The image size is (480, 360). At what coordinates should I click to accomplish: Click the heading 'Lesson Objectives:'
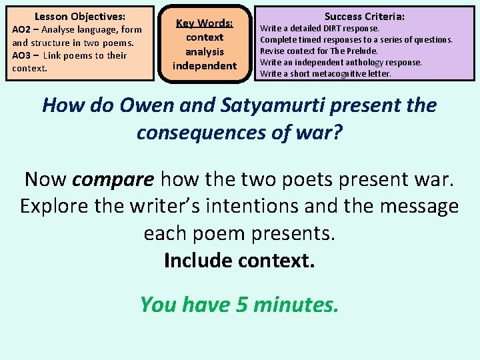[80, 16]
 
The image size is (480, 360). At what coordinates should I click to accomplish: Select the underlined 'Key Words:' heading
[204, 23]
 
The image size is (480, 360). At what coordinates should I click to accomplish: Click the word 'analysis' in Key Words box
[204, 51]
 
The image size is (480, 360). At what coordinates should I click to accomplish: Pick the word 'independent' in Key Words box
[204, 65]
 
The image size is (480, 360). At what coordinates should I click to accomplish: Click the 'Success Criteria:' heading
[365, 16]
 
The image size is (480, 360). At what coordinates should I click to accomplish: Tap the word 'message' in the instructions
[416, 207]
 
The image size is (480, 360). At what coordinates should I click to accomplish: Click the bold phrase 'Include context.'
[239, 260]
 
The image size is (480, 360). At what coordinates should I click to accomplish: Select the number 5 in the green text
[243, 305]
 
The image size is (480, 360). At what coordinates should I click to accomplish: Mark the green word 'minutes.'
[298, 305]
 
